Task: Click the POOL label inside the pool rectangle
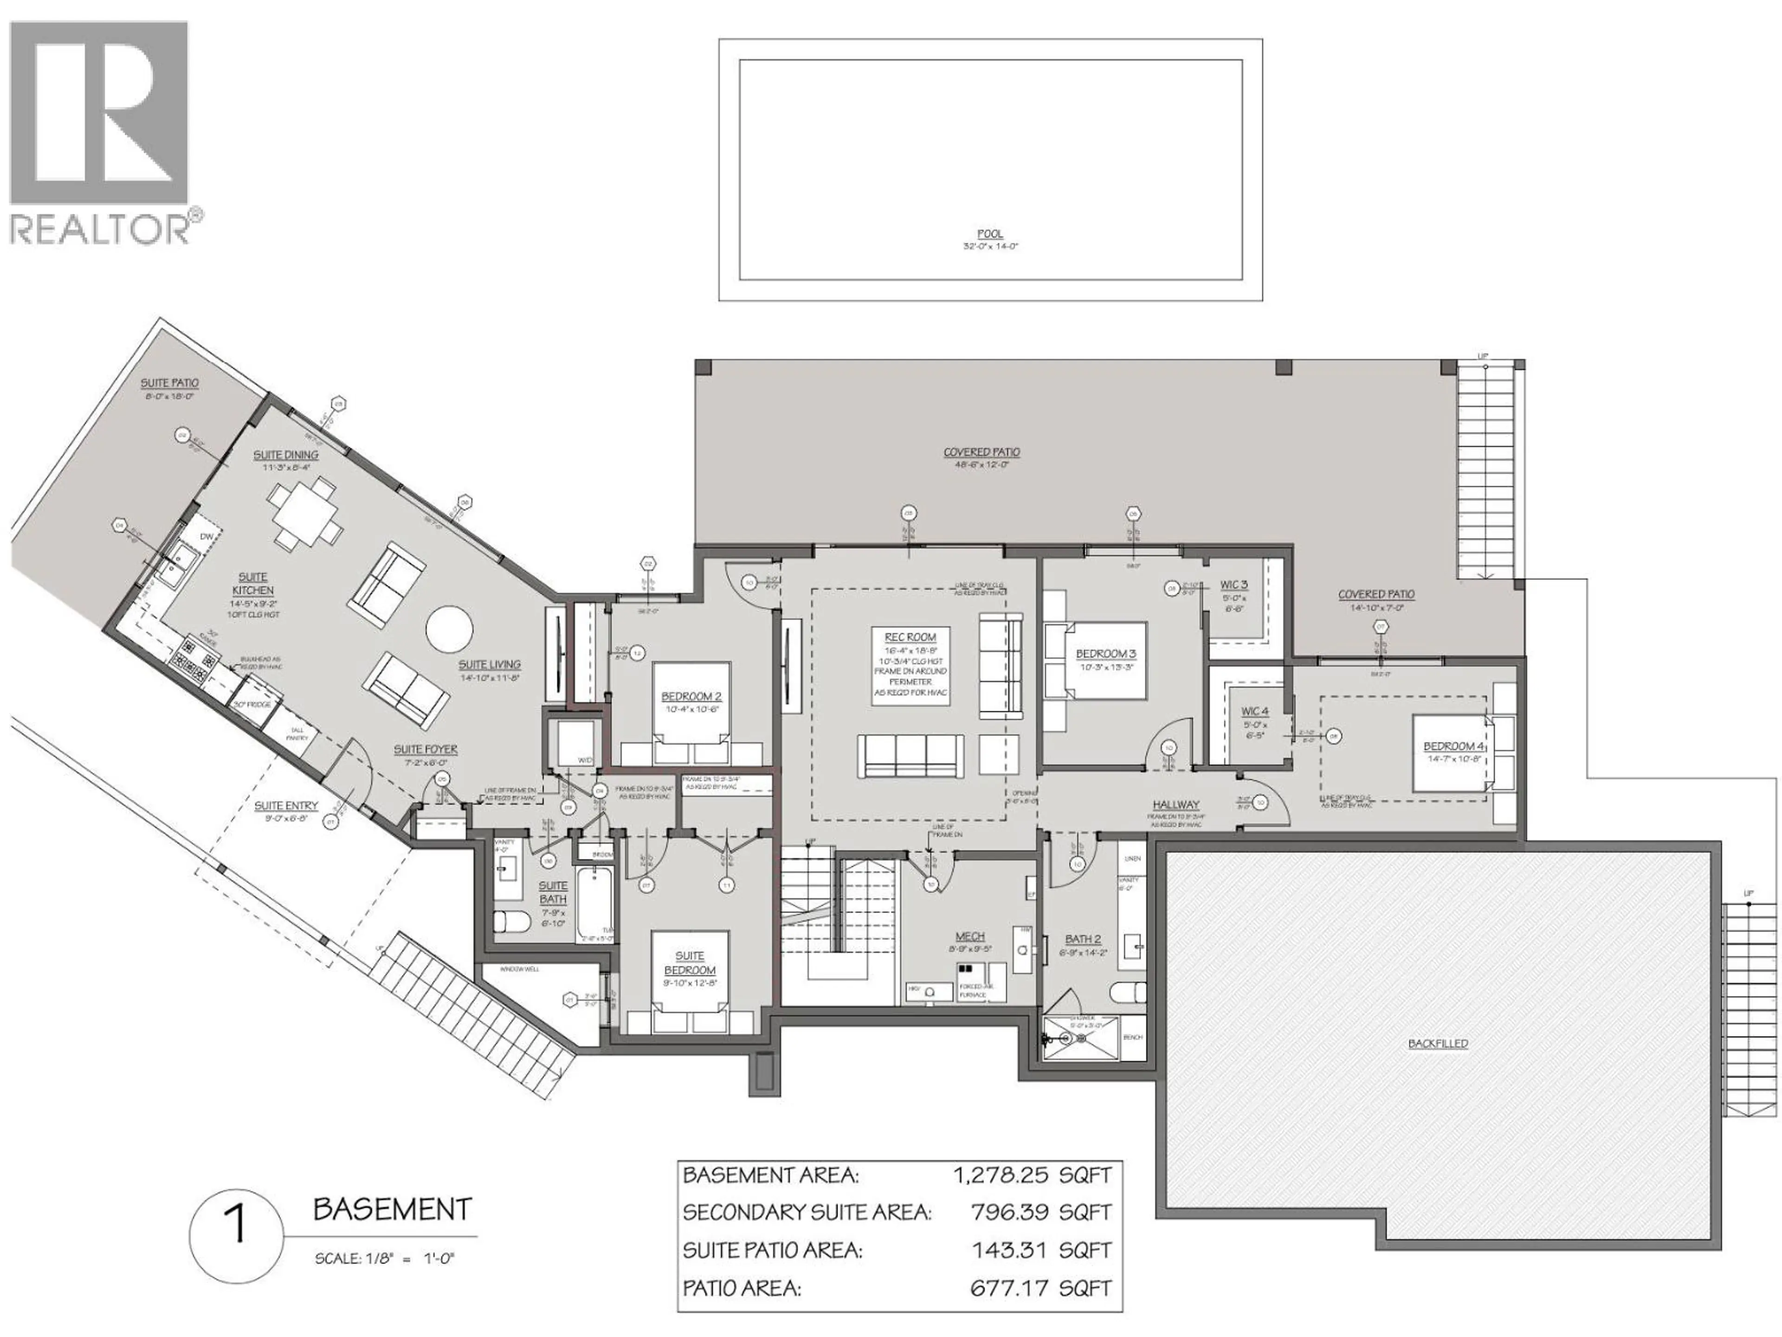(x=990, y=234)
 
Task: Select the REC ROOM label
(x=910, y=636)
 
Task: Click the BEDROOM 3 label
(x=1106, y=654)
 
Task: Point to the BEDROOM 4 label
(x=1453, y=746)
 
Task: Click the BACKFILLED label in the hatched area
(x=1438, y=1043)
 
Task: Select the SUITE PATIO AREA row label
(x=772, y=1250)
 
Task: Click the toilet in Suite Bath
(x=510, y=921)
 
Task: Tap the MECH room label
(x=970, y=936)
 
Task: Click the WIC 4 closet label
(x=1254, y=712)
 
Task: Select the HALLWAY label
(x=1175, y=805)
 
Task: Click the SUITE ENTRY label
(x=286, y=805)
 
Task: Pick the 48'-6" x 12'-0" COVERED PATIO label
(x=981, y=453)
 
